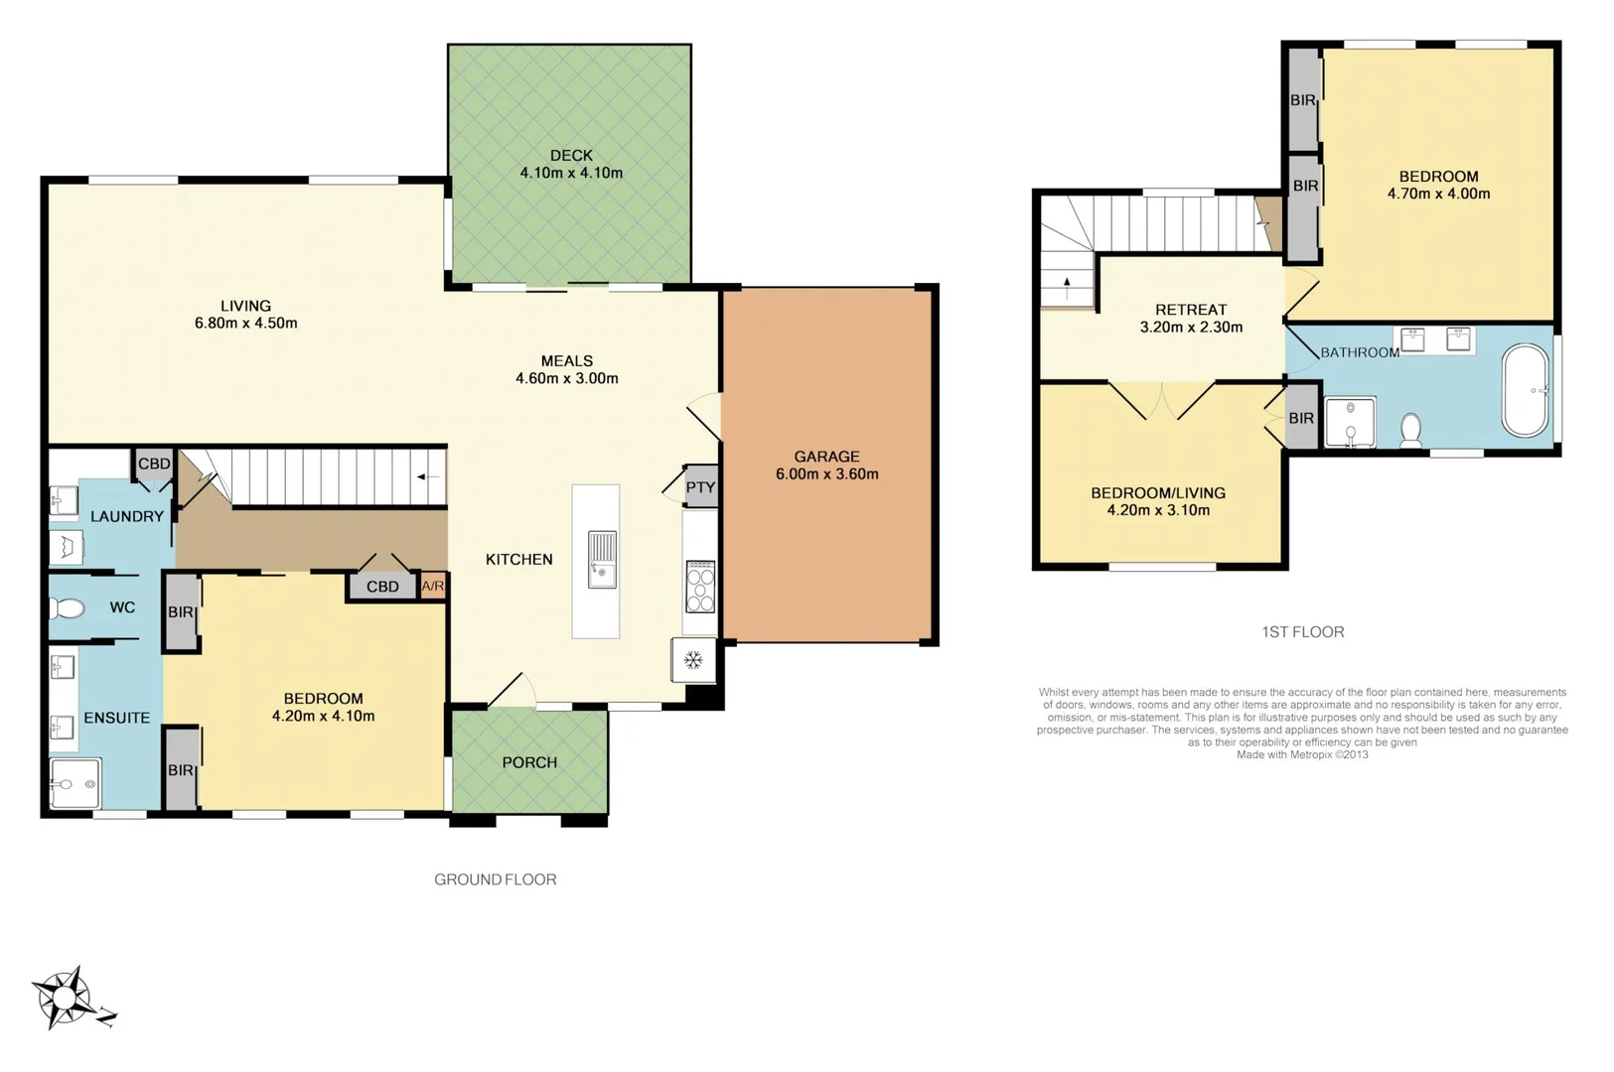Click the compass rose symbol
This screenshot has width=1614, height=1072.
[x=66, y=996]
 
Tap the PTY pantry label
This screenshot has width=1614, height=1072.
[x=700, y=487]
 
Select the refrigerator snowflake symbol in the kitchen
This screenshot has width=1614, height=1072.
[x=693, y=660]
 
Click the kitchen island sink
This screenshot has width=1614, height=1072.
[x=601, y=559]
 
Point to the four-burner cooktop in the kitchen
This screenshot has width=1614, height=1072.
[x=700, y=588]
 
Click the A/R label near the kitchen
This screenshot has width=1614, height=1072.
[x=433, y=587]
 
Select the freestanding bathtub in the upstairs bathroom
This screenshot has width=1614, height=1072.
[x=1525, y=390]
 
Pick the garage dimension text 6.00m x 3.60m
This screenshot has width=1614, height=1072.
[x=826, y=474]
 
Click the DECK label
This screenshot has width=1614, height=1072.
[x=571, y=155]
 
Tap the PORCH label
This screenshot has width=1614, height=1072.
[x=529, y=762]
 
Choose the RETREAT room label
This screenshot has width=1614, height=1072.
[x=1191, y=310]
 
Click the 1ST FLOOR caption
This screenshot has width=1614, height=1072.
[x=1302, y=632]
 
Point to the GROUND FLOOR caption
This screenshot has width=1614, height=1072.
[x=495, y=879]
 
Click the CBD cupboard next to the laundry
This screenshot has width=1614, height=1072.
[x=154, y=464]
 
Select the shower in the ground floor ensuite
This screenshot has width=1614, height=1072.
[x=74, y=784]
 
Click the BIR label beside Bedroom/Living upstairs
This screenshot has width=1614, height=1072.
[x=1301, y=419]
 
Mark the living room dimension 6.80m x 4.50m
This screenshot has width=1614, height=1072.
[x=245, y=323]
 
